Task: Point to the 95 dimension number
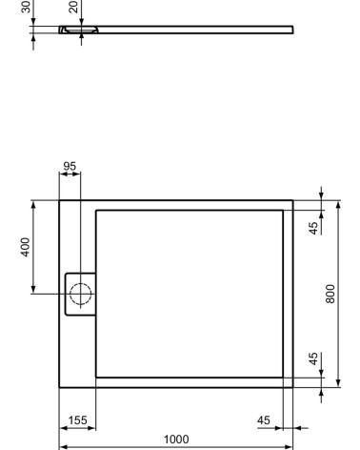click(69, 167)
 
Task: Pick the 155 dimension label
click(78, 419)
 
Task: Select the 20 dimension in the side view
click(73, 7)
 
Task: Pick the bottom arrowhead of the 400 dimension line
click(34, 290)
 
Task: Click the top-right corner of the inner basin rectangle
click(283, 210)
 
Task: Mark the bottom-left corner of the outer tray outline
click(59, 388)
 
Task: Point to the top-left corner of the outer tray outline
click(59, 200)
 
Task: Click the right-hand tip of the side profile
click(292, 31)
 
